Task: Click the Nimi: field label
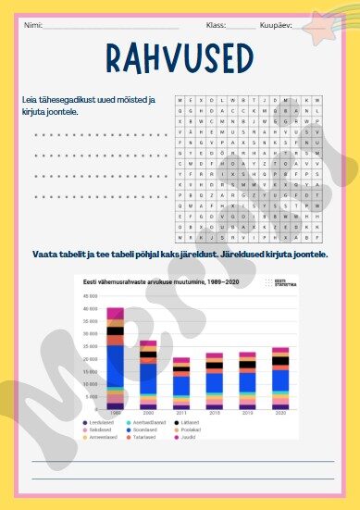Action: point(33,25)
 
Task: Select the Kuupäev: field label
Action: point(277,25)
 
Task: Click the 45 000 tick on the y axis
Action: point(91,296)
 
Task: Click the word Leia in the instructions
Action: point(30,99)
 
